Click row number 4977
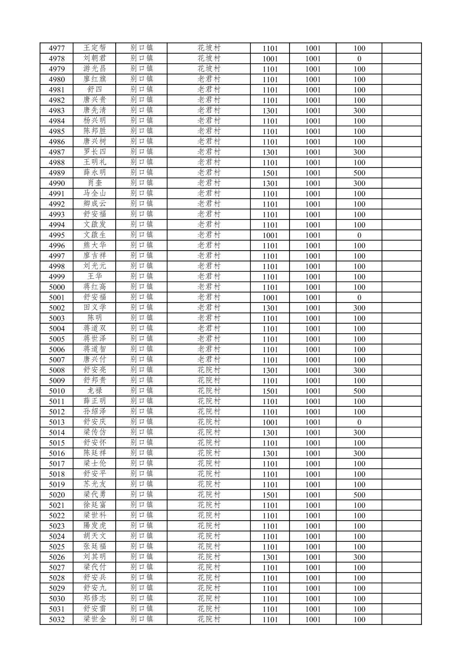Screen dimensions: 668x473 click(57, 48)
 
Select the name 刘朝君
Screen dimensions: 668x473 click(95, 58)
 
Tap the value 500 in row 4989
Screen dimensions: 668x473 click(359, 173)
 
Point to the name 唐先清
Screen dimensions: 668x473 click(95, 110)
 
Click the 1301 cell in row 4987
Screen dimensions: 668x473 click(270, 152)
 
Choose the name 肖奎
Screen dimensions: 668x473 click(95, 183)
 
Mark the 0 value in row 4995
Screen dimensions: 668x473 click(359, 235)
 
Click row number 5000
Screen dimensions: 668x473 click(57, 287)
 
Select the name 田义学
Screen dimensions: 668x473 click(95, 308)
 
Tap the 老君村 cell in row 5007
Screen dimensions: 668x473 click(209, 360)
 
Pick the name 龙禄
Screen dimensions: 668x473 click(95, 391)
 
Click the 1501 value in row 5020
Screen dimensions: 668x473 click(270, 495)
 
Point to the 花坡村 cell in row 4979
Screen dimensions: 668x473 click(209, 69)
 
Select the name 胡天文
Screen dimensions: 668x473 click(95, 537)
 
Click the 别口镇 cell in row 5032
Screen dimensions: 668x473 click(142, 619)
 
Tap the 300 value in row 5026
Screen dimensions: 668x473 click(359, 557)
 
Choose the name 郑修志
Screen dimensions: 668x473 click(95, 599)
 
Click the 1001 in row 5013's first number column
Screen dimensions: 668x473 click(270, 422)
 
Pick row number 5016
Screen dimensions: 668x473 click(57, 453)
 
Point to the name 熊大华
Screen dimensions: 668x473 click(95, 245)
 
